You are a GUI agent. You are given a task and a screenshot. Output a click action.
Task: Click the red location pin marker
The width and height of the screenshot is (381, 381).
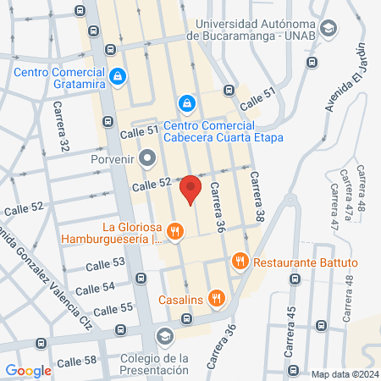tap(192, 190)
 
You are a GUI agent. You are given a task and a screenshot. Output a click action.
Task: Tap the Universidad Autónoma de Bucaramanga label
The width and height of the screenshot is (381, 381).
tap(257, 29)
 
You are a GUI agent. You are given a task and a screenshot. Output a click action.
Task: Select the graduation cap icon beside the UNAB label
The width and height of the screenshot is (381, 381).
tap(329, 29)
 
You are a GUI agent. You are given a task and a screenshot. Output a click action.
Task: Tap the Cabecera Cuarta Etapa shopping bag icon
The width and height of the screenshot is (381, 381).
tap(186, 103)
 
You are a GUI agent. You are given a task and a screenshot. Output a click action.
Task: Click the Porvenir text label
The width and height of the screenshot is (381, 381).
tap(113, 157)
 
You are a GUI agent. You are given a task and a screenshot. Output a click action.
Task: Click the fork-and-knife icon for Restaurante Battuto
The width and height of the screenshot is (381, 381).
tap(241, 262)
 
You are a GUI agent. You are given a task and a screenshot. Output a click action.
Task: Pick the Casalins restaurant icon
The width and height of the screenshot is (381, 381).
tap(217, 298)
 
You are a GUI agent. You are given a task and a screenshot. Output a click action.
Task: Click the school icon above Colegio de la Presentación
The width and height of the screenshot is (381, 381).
tap(163, 338)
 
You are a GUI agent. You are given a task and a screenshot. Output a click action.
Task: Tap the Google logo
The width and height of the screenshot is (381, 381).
tap(29, 370)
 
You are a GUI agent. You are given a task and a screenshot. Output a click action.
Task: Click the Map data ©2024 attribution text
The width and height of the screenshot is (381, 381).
tap(342, 374)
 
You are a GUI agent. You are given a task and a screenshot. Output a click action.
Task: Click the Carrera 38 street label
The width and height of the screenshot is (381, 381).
tap(257, 196)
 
